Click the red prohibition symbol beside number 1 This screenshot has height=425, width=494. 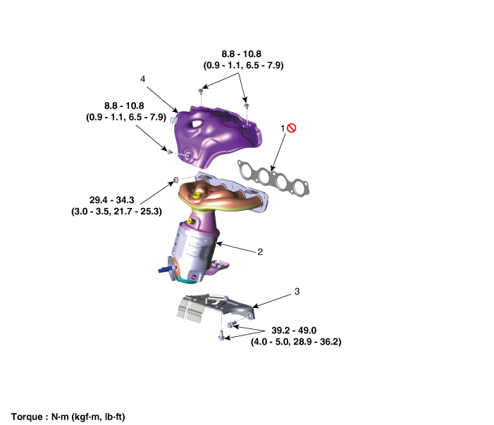(292, 128)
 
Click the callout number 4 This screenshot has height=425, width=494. (143, 79)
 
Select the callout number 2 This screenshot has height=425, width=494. (260, 252)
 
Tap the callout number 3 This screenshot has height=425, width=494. (297, 291)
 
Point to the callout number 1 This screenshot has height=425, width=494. (283, 128)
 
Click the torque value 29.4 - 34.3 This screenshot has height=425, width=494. (112, 200)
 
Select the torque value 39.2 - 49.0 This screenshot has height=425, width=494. (294, 330)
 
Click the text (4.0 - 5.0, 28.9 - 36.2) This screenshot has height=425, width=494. (296, 342)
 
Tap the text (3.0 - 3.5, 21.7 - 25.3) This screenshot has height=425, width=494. (116, 211)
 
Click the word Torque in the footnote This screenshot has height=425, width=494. (27, 417)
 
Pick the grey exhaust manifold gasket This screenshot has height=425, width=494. (273, 178)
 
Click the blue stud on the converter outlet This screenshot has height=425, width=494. (166, 270)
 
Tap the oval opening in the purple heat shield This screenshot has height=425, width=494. (195, 124)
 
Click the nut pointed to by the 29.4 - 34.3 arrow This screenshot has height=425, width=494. (175, 180)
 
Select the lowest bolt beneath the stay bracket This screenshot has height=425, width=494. (221, 335)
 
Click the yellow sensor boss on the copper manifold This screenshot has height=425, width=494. (197, 195)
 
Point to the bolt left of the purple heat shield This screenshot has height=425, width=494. (170, 152)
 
